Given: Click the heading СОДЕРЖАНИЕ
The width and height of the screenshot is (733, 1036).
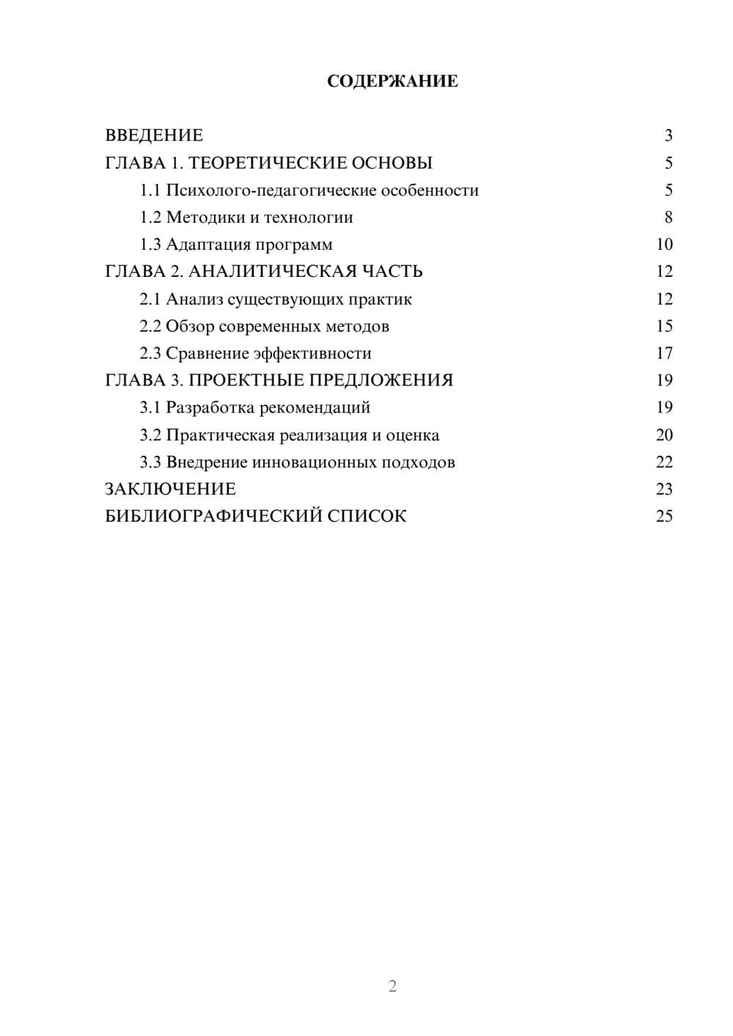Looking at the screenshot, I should [392, 81].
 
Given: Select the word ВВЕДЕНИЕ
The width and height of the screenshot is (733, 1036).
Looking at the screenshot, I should [154, 136].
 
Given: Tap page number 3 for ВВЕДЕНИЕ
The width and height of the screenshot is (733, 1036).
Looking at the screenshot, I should [668, 136].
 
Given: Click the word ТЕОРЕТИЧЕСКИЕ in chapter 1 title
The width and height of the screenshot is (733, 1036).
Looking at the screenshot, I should [265, 163].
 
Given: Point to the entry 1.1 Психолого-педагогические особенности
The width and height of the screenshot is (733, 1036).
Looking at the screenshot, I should [309, 190].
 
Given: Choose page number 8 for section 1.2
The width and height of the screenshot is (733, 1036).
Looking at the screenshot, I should [668, 218].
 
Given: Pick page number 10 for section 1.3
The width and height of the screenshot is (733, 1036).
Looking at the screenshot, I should [664, 245].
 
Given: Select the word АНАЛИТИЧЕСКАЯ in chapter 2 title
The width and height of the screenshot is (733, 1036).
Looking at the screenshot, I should [273, 272].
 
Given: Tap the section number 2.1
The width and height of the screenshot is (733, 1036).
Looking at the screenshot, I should [150, 299].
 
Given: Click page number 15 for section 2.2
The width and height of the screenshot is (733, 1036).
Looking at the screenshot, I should [664, 326].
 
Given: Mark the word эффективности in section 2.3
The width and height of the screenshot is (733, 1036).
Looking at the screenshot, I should [312, 353].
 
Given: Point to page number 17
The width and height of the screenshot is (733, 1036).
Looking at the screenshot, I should [664, 353].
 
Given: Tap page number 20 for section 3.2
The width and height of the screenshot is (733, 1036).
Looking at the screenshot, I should [664, 435].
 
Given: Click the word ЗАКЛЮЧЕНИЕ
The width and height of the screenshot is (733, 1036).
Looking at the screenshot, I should [170, 489].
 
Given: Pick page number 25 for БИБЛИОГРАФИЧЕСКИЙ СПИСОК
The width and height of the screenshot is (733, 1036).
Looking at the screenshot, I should [664, 517].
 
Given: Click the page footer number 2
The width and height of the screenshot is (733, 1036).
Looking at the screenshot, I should [392, 986].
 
